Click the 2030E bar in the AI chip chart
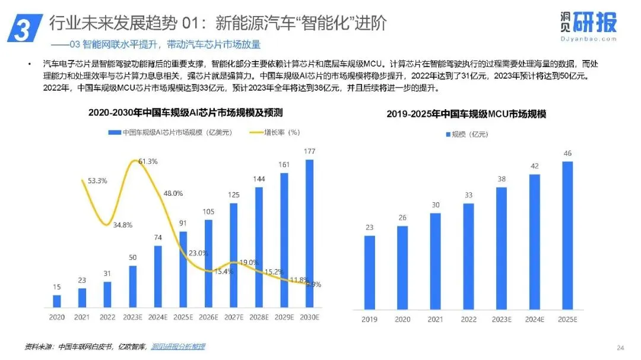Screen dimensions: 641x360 pos(309,233)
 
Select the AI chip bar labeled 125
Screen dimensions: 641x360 pos(233,256)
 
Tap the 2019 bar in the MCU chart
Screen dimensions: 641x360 pos(370,273)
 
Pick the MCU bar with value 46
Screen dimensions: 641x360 pos(567,235)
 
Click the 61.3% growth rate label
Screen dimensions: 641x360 pos(148,161)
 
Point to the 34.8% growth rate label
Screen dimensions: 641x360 pos(123,225)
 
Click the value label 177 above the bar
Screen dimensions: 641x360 pos(309,151)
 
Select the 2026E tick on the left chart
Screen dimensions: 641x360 pos(208,317)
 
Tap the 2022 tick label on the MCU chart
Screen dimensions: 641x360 pos(468,320)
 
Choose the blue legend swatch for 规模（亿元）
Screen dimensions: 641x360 pos(448,134)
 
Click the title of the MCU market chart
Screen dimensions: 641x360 pos(467,114)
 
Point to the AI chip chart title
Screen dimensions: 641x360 pos(186,112)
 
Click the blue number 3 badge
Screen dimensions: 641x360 pos(25,28)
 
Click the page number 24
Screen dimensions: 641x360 pos(620,348)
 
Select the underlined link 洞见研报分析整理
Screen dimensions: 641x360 pos(178,347)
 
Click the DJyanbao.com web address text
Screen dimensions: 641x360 pos(589,39)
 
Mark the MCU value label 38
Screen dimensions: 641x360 pos(502,179)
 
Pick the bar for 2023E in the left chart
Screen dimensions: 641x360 pos(132,286)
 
